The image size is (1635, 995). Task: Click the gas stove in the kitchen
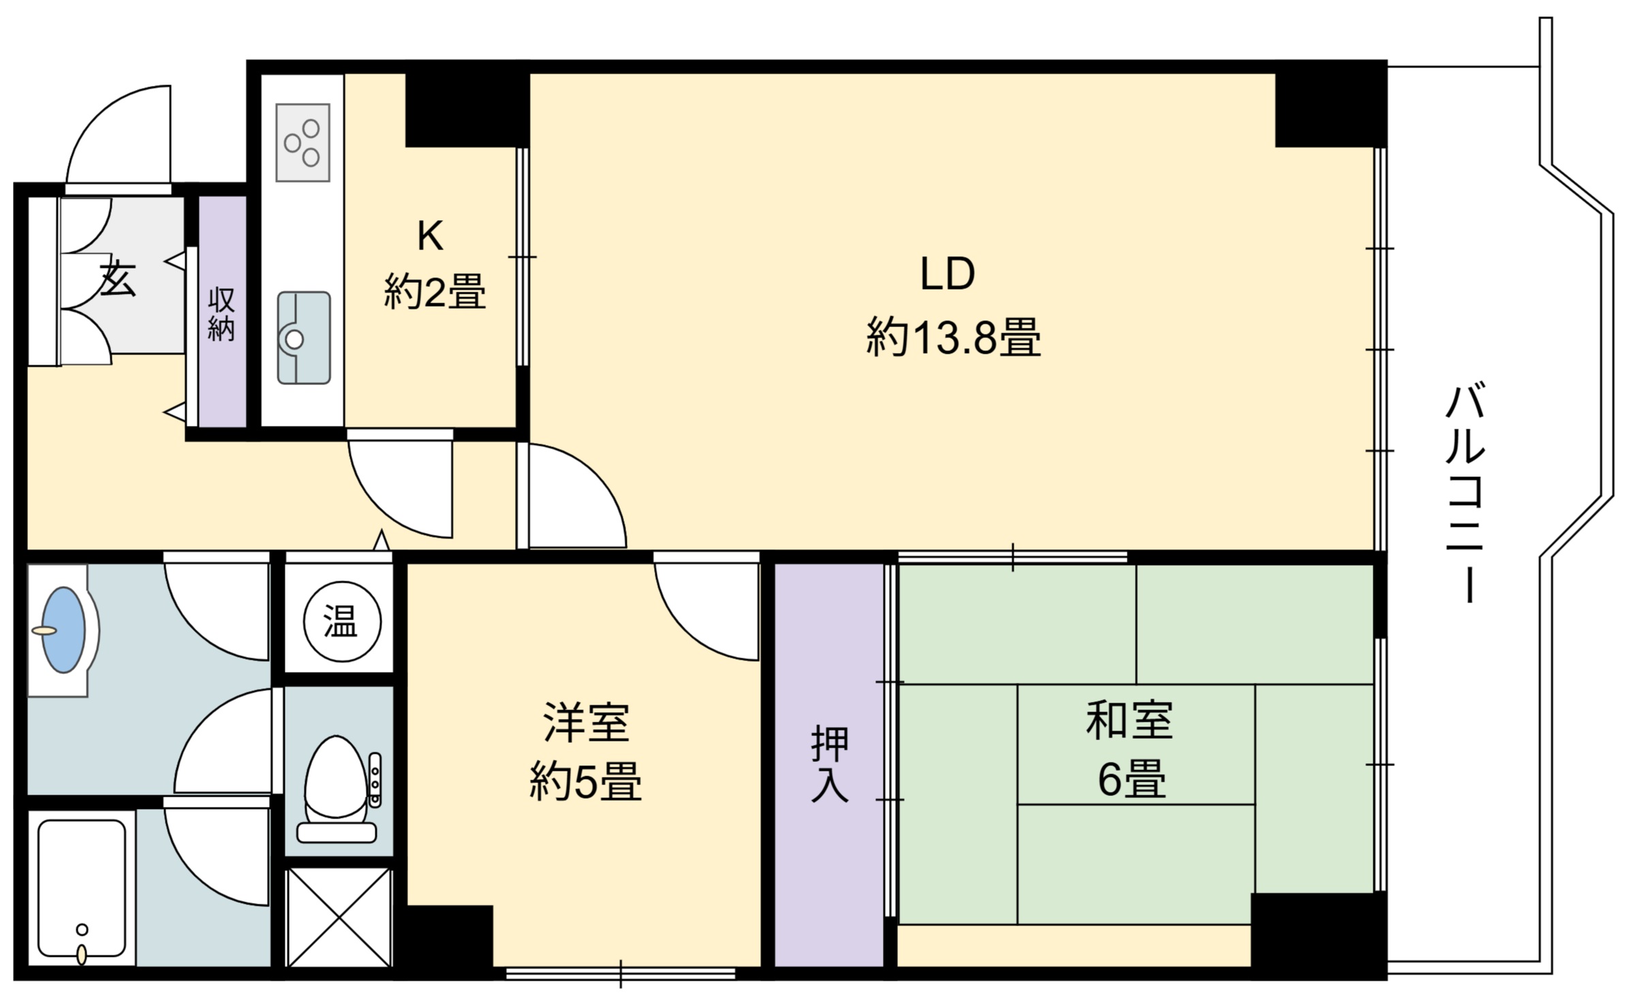tap(303, 143)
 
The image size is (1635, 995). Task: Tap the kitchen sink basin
tap(304, 338)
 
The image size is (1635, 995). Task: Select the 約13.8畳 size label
tap(953, 337)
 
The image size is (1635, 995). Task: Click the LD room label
tap(948, 274)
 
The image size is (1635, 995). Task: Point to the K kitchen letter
tap(431, 236)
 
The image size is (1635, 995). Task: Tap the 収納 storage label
tap(221, 314)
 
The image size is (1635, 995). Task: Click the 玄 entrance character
tap(118, 279)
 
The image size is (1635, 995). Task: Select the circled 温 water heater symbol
tap(341, 622)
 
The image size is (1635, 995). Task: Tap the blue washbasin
tap(63, 630)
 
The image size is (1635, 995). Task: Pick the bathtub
tap(82, 889)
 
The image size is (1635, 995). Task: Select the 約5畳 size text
tap(585, 782)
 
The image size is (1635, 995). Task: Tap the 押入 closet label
tap(830, 765)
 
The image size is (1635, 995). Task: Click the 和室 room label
tap(1129, 720)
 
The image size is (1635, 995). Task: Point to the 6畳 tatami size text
tap(1132, 778)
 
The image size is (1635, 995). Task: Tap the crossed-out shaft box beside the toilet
tap(339, 917)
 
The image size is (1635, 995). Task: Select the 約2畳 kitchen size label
tap(435, 291)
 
